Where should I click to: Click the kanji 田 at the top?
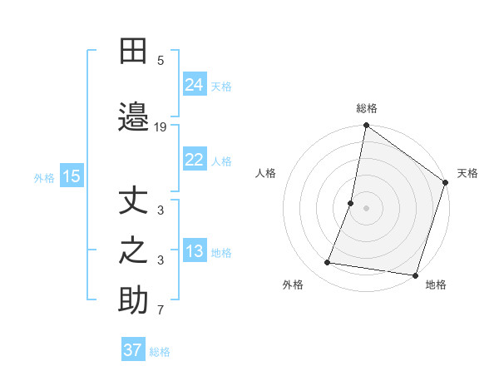(133, 52)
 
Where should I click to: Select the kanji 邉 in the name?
(133, 117)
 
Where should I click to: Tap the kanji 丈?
(133, 202)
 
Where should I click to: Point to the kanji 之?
(133, 251)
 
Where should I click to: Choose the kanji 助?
(133, 301)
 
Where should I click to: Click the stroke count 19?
(161, 127)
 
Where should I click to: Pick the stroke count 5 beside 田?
(161, 60)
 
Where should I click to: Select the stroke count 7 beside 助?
(161, 311)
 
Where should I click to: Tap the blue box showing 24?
(194, 85)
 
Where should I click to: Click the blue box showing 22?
(194, 160)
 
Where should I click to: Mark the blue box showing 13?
(194, 251)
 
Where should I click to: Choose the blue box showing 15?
(71, 176)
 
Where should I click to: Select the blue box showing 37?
(133, 350)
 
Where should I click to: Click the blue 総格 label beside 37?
(160, 352)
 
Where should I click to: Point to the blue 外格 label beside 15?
(43, 177)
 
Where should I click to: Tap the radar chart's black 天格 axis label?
(467, 173)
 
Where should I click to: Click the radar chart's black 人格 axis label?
(266, 173)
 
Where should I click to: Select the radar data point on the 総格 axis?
(366, 126)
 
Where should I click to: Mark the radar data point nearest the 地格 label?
(415, 275)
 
